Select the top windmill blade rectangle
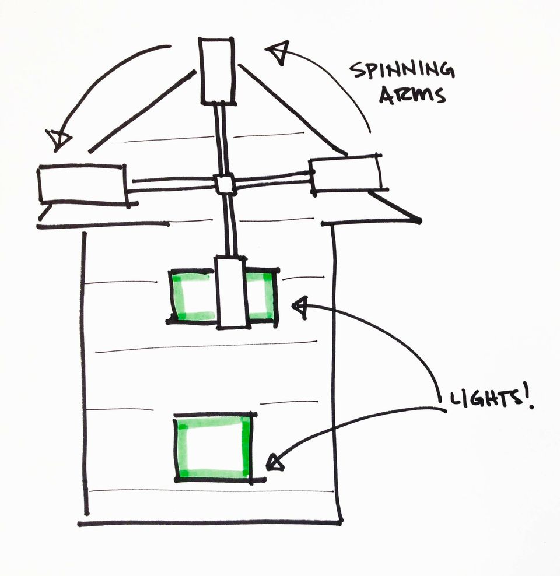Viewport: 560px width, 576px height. tap(217, 71)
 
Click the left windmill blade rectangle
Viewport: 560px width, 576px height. tap(83, 184)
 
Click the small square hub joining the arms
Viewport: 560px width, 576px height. tap(225, 184)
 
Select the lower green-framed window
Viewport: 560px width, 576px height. tap(214, 447)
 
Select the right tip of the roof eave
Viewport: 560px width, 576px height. tap(418, 220)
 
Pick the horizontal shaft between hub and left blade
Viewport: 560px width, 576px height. tap(172, 184)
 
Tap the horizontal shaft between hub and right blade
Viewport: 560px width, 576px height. tap(272, 178)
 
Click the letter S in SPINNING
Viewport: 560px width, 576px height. tap(354, 72)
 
